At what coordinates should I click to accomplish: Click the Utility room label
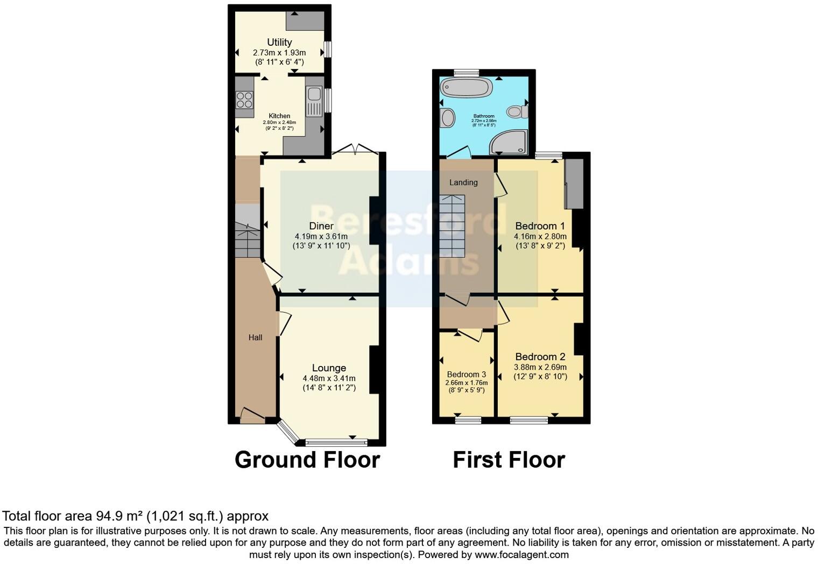pyautogui.click(x=279, y=42)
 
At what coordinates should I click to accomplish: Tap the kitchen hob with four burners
pyautogui.click(x=244, y=101)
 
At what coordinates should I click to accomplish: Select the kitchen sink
pyautogui.click(x=313, y=101)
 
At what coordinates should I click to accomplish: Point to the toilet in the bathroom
pyautogui.click(x=517, y=111)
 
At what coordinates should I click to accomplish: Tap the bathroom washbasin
pyautogui.click(x=447, y=118)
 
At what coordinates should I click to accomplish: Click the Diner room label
pyautogui.click(x=321, y=226)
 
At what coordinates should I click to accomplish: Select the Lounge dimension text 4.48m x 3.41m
pyautogui.click(x=329, y=378)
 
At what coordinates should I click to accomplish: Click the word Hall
pyautogui.click(x=255, y=337)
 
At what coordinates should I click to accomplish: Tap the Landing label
pyautogui.click(x=463, y=182)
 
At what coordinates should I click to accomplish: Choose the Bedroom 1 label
pyautogui.click(x=540, y=226)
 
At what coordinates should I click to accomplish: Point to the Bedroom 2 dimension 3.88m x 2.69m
pyautogui.click(x=540, y=367)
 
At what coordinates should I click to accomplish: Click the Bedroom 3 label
pyautogui.click(x=466, y=375)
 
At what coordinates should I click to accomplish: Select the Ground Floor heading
pyautogui.click(x=307, y=460)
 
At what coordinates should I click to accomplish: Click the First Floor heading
pyautogui.click(x=509, y=460)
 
